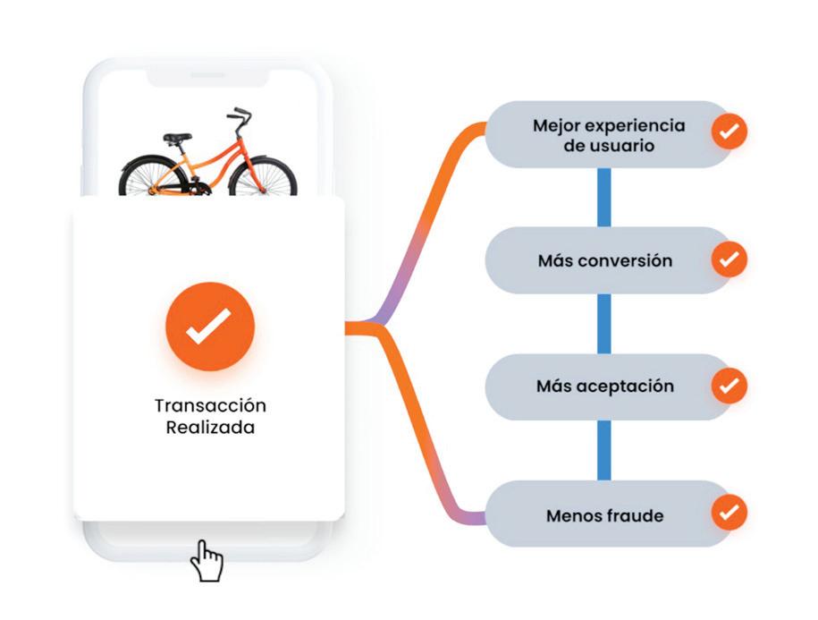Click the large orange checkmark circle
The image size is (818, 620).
pos(210,327)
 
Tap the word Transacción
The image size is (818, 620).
pos(210,405)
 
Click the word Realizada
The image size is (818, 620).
pos(210,428)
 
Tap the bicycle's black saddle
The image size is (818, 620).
pos(177,138)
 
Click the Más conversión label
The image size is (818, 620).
pos(604,261)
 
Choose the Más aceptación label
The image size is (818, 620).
pos(604,387)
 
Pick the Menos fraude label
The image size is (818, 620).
pos(604,515)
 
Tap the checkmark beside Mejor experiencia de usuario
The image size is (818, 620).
pos(729,132)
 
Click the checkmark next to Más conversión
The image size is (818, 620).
pos(729,259)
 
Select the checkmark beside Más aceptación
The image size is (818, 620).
pos(729,386)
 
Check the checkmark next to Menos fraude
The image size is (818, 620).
pos(729,514)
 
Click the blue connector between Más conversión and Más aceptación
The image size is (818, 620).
pos(604,324)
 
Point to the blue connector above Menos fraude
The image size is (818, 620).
pos(604,451)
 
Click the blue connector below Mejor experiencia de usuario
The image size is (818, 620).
pos(604,197)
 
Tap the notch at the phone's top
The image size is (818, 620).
pos(208,79)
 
